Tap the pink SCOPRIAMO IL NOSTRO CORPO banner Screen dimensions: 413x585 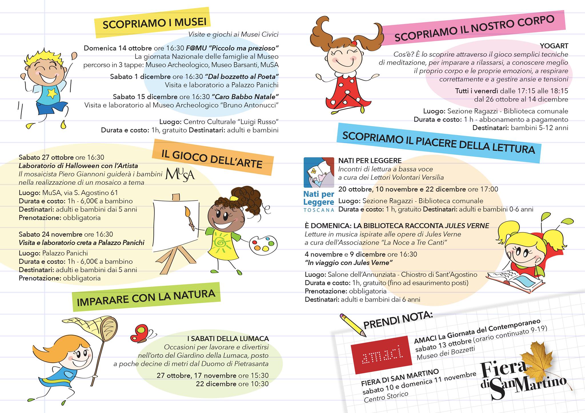click(x=474, y=29)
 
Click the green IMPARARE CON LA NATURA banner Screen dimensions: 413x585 click(x=146, y=297)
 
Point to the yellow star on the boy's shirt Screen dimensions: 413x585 click(x=52, y=92)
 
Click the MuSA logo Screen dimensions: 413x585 click(x=180, y=174)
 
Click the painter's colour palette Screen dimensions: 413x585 click(x=263, y=244)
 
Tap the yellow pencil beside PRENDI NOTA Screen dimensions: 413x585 click(x=353, y=325)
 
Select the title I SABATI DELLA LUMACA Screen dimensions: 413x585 click(x=228, y=339)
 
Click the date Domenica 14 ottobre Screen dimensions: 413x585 click(x=118, y=48)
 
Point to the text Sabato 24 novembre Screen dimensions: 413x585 click(x=51, y=234)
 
